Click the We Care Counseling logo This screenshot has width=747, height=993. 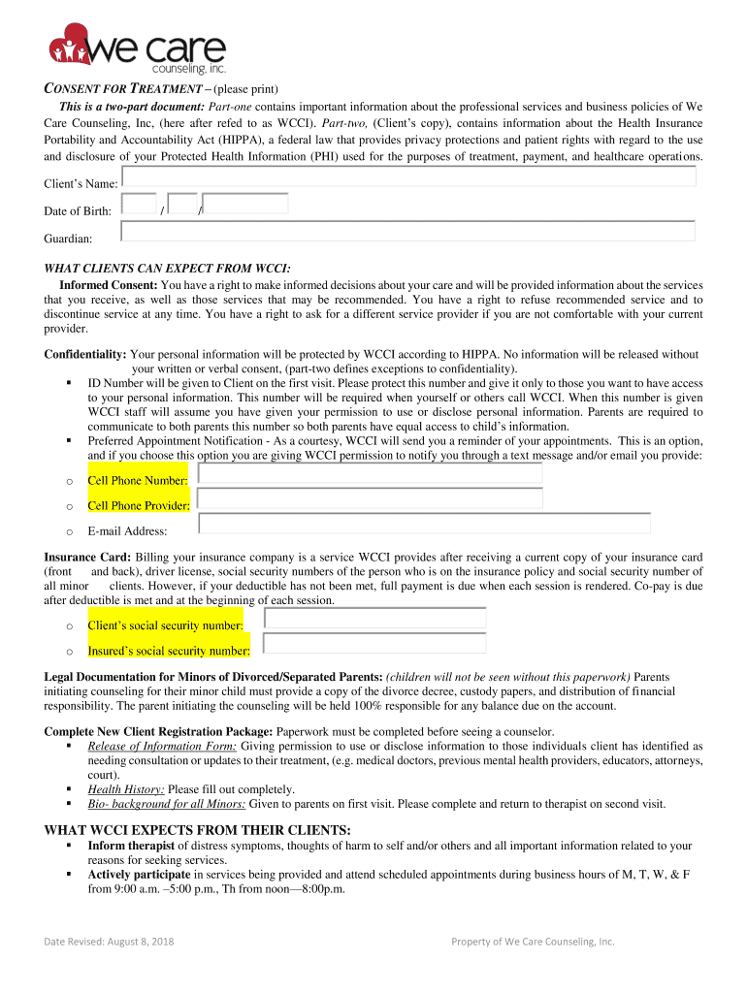coord(137,49)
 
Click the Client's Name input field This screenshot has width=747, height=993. coord(408,176)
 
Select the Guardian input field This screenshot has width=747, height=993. coord(408,231)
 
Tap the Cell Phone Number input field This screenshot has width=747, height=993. coord(370,474)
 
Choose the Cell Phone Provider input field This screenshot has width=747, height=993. coord(370,498)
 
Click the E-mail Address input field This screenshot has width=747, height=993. coord(424,524)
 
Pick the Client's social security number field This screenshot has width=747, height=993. coord(374,619)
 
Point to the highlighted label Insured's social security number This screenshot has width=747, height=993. coord(169,651)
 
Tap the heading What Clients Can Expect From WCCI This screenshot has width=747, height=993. coord(167,268)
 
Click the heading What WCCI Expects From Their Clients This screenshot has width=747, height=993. coord(197,830)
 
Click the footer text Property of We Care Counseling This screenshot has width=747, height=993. coord(533,941)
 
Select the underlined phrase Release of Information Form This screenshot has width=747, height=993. coord(162,746)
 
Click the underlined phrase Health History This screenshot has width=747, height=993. coord(125,789)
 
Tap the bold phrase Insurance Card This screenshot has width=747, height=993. coord(87,558)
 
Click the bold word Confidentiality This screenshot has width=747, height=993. coord(85,355)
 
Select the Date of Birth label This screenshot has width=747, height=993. coord(78,210)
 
